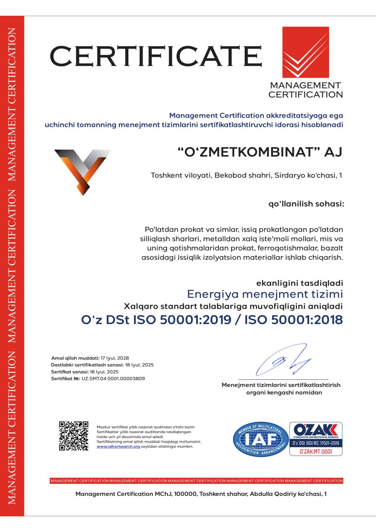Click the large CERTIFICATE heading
[x=156, y=56]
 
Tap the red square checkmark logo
[x=305, y=52]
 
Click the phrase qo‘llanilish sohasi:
[x=306, y=204]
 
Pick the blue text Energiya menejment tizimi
[x=265, y=294]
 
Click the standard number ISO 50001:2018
[x=293, y=320]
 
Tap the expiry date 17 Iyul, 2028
[x=115, y=358]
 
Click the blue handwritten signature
[x=283, y=360]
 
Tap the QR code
[x=74, y=436]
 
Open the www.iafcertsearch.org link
[x=118, y=446]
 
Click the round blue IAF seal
[x=260, y=439]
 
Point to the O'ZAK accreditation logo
[x=316, y=431]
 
